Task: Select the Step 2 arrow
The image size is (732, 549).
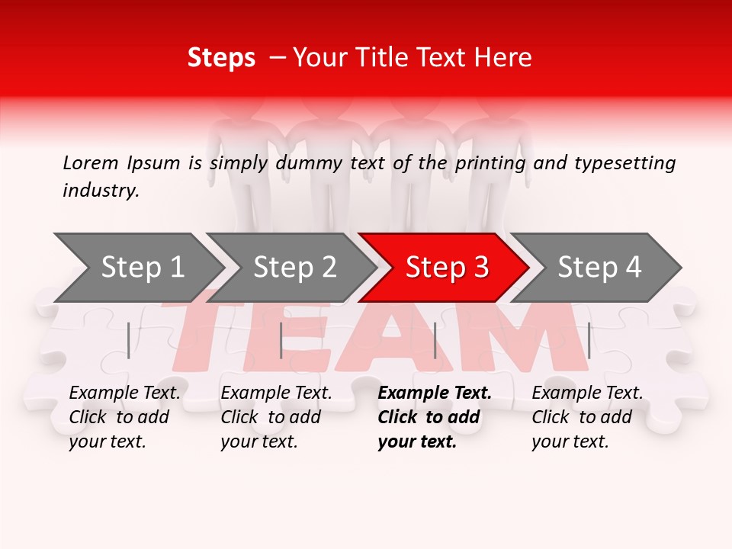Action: (294, 268)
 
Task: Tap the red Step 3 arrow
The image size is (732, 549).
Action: (446, 268)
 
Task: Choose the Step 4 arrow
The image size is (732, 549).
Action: (599, 268)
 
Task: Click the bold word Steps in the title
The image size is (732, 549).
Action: (221, 58)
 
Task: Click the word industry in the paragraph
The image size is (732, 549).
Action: (99, 191)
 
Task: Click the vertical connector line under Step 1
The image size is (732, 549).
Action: (129, 340)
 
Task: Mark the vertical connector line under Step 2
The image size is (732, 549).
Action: (281, 340)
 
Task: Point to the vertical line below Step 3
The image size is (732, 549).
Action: (435, 340)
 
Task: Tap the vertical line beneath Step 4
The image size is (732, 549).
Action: (589, 340)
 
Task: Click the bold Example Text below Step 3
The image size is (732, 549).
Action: (435, 393)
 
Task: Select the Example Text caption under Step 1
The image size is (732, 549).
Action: (125, 393)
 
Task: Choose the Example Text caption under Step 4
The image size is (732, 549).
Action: (587, 393)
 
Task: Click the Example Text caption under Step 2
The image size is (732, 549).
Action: (276, 393)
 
